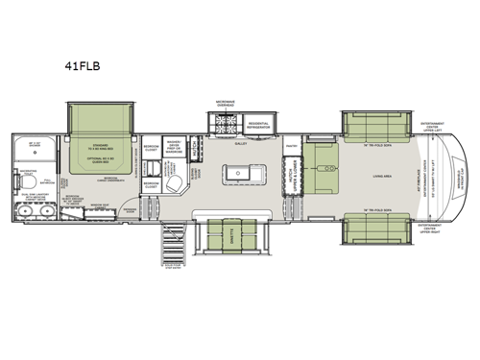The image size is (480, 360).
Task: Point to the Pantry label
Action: tap(291, 146)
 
